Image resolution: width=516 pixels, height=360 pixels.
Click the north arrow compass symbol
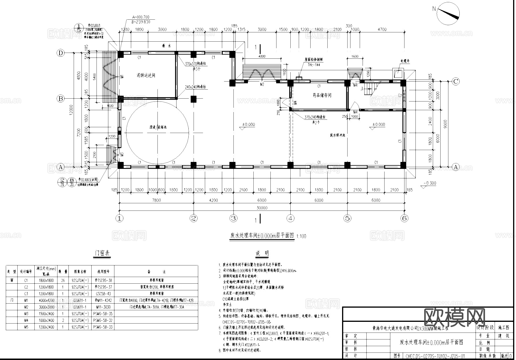tap(448, 13)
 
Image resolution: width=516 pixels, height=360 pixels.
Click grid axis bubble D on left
tap(61, 53)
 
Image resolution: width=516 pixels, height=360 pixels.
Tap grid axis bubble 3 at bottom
tap(233, 218)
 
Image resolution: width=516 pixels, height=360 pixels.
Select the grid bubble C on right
tap(455, 82)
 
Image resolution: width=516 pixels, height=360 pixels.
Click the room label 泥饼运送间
tap(146, 75)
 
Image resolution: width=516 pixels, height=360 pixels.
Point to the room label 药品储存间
tap(322, 95)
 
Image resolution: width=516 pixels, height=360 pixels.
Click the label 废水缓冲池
tap(338, 135)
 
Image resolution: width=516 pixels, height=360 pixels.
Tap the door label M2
tap(262, 84)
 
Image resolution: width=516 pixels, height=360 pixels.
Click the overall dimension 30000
tap(262, 208)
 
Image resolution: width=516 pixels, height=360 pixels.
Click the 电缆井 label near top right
tap(405, 61)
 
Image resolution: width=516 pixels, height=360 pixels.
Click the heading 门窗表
tap(103, 254)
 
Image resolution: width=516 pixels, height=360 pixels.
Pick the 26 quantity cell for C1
tap(63, 280)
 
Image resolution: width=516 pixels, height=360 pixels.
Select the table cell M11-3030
tap(103, 307)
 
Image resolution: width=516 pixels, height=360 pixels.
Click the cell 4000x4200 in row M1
tap(46, 300)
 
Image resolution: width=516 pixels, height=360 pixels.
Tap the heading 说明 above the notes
tap(262, 254)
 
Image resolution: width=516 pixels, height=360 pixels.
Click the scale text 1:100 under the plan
tap(301, 236)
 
